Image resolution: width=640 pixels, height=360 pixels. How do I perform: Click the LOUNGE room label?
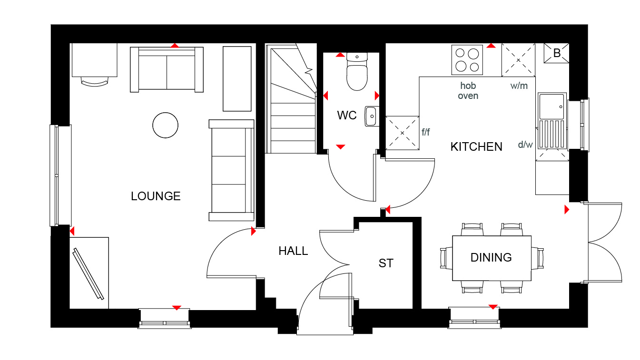coord(156,196)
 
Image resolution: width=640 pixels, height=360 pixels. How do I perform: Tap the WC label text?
coord(347,116)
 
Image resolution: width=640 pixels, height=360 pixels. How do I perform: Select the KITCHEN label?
coord(476,147)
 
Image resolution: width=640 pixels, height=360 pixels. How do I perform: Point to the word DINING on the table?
coord(491,257)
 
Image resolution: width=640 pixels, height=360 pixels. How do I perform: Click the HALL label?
coord(293,251)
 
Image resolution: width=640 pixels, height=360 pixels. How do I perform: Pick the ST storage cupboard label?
coord(386,263)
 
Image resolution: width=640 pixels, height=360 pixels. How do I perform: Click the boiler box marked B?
coord(556,53)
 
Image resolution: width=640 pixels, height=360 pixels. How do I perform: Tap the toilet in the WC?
coord(357,72)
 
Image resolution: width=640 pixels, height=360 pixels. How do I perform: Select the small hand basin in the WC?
coord(372,116)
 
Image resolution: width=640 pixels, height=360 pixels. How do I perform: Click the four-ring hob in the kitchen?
coord(467,60)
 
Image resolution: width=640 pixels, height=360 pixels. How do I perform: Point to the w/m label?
coord(519,86)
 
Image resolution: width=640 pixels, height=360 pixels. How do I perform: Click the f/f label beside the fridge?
coord(425,132)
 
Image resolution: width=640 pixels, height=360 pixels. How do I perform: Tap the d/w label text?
coord(525,145)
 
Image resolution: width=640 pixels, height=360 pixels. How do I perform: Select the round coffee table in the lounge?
coord(166,125)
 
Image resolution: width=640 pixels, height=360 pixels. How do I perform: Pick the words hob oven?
coord(468,91)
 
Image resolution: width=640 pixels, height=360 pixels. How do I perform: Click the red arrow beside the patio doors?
coord(567,210)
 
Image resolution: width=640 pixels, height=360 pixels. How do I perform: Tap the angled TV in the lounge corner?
coord(89,274)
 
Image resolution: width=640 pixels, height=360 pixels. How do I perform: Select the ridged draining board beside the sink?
coord(552,134)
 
